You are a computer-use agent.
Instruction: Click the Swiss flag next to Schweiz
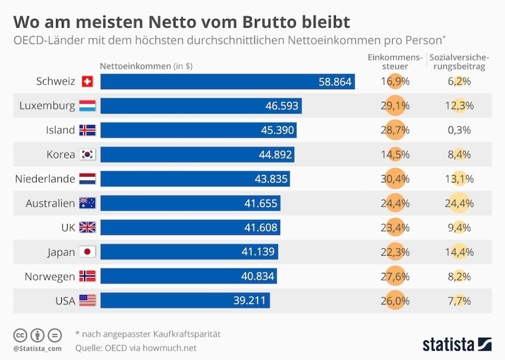pyautogui.click(x=87, y=81)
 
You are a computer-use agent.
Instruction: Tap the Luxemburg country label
pyautogui.click(x=47, y=105)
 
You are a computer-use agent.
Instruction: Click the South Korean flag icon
pyautogui.click(x=86, y=155)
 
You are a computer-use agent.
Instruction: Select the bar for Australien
pyautogui.click(x=190, y=203)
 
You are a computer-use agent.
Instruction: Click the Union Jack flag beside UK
pyautogui.click(x=86, y=227)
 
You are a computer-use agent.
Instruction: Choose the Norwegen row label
pyautogui.click(x=50, y=277)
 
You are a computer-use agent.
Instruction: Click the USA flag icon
pyautogui.click(x=86, y=301)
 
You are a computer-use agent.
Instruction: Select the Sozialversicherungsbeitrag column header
pyautogui.click(x=458, y=62)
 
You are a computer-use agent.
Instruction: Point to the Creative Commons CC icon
pyautogui.click(x=20, y=335)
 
